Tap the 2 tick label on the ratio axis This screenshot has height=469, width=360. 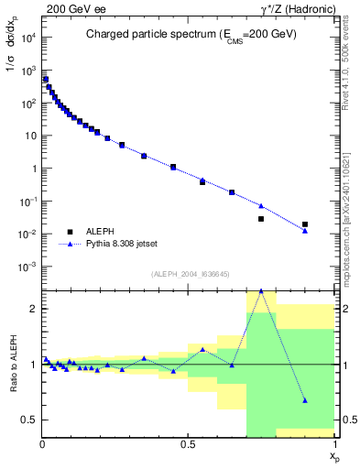point(34,309)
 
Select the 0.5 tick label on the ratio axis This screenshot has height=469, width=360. point(30,420)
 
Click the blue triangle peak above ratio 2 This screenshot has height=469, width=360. point(261,290)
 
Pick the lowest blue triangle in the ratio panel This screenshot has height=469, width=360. point(305,400)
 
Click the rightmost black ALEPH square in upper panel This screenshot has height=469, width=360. point(305,224)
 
